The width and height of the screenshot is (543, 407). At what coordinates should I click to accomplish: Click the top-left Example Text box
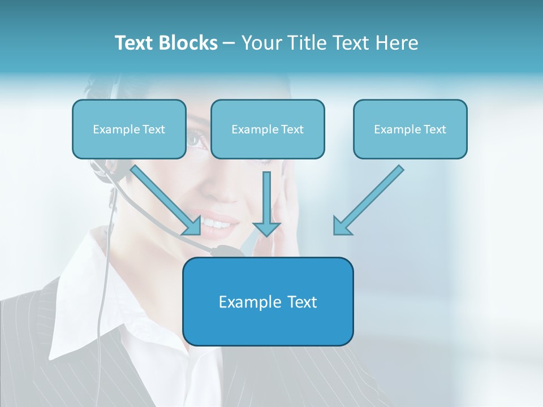pos(129,129)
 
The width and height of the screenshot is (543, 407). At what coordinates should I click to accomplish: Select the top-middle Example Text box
pos(268,129)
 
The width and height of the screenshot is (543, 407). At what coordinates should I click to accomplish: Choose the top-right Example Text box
pos(410,129)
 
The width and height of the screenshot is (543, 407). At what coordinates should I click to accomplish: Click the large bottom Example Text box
pos(268,301)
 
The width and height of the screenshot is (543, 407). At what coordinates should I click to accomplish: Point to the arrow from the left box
pos(167,201)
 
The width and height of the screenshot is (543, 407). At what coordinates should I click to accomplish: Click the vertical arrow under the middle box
pos(266,203)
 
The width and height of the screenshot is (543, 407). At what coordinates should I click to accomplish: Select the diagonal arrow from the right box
pos(368,201)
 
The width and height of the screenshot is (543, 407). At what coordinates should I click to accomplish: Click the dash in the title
pos(229,43)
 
